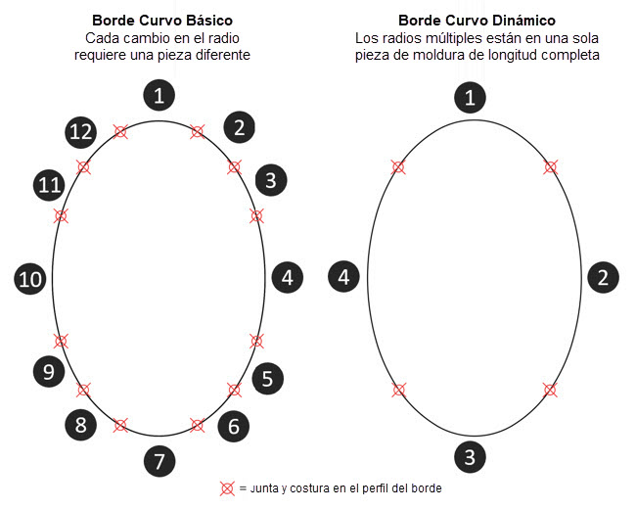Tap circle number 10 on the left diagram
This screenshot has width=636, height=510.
click(x=30, y=279)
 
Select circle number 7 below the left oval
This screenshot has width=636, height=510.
click(x=159, y=461)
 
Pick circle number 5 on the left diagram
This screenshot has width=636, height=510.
click(x=268, y=378)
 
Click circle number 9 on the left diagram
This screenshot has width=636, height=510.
click(x=48, y=371)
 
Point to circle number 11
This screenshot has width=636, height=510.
click(x=49, y=184)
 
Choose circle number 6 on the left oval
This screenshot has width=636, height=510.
click(x=233, y=426)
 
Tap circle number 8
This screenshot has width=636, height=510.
click(x=81, y=426)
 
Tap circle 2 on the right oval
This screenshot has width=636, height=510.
click(x=602, y=277)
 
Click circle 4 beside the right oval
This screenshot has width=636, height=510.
click(x=343, y=277)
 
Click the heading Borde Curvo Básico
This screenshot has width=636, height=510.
click(x=161, y=20)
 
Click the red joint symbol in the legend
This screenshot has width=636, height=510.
click(x=227, y=488)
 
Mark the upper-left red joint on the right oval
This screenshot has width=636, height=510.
click(x=398, y=167)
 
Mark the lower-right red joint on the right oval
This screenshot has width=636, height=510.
click(x=550, y=390)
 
